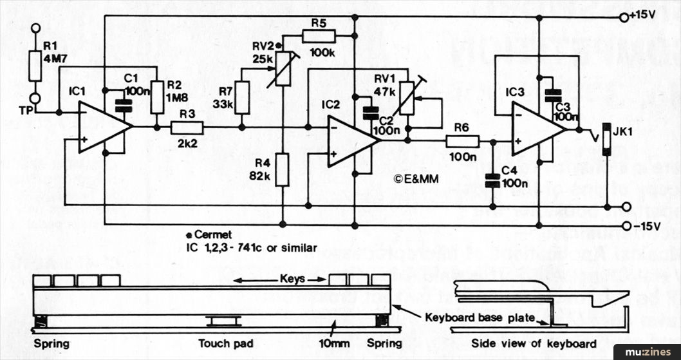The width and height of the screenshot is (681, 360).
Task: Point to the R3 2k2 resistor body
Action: click(x=187, y=128)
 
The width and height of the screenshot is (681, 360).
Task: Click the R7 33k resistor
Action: click(x=242, y=97)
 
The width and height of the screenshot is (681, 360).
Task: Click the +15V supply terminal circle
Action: click(x=623, y=17)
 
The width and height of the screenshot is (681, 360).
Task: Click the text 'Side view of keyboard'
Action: click(x=534, y=343)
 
